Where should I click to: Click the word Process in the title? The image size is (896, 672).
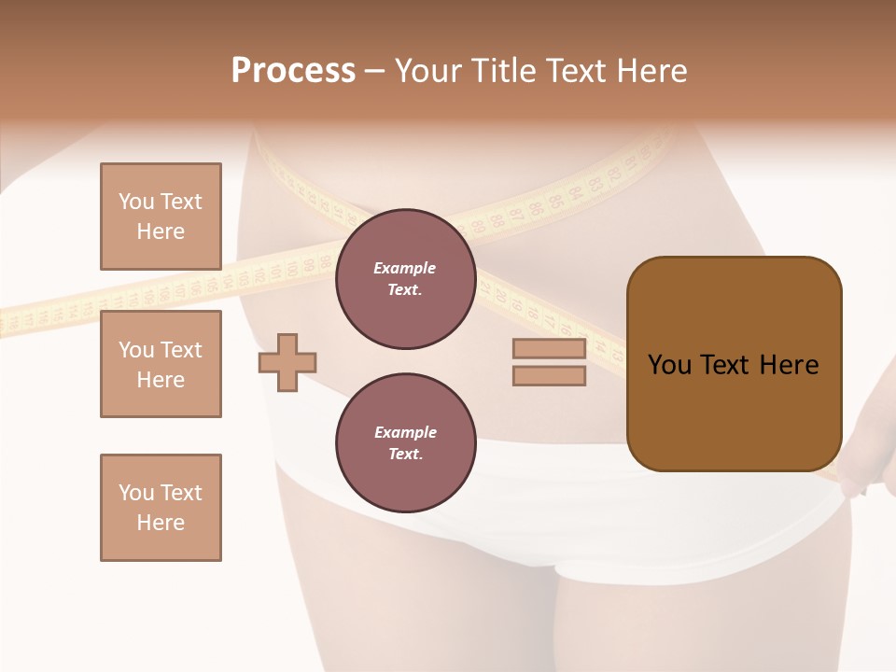[x=293, y=71]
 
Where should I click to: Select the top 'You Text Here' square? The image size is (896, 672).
[x=161, y=217]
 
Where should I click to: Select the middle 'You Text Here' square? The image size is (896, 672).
[x=161, y=364]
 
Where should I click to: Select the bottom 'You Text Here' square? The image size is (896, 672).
[x=161, y=507]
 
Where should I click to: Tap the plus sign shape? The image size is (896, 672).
[x=287, y=361]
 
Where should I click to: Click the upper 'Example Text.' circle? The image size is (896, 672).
[x=405, y=279]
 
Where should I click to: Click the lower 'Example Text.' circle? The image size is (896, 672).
[x=405, y=443]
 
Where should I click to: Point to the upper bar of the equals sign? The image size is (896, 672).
[x=549, y=349]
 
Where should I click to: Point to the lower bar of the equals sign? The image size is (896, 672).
[x=549, y=376]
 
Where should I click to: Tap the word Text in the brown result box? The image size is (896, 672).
[x=724, y=365]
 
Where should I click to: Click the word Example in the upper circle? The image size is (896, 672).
[x=405, y=268]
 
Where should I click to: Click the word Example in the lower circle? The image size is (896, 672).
[x=405, y=432]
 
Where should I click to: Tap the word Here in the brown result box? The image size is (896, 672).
[x=789, y=365]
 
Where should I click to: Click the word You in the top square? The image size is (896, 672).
[x=136, y=202]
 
